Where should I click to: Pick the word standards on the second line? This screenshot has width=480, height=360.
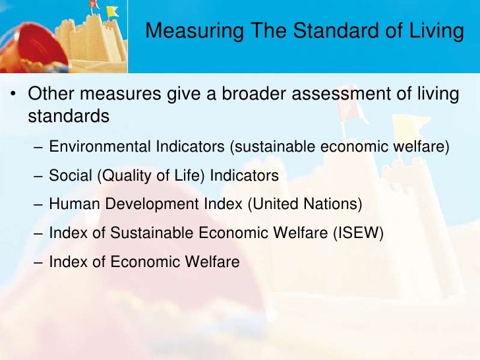coord(68,116)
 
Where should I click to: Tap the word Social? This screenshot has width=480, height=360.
coord(69,176)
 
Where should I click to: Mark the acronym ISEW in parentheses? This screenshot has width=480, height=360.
coord(360,233)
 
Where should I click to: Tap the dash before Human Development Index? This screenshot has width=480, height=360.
coord(38,205)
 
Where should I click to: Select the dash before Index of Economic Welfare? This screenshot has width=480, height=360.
coord(38,262)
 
